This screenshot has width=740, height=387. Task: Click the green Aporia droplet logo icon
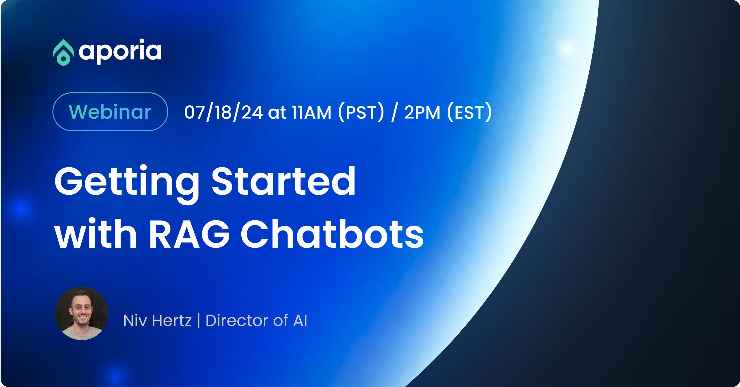tap(63, 52)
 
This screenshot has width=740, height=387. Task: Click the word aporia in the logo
tap(120, 51)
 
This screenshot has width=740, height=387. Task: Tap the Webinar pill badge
tap(110, 112)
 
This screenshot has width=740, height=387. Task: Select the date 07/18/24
tap(223, 112)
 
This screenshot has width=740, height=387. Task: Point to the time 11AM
tap(311, 112)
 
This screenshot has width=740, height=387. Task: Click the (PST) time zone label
tap(361, 112)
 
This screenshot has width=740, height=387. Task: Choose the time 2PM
tap(422, 112)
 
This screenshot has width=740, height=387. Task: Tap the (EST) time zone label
tap(469, 112)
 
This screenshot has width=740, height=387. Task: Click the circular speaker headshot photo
tap(82, 314)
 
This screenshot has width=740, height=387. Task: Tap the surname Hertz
tap(172, 321)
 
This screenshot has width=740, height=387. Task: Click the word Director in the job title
tap(236, 321)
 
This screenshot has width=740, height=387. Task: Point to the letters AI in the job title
tap(300, 321)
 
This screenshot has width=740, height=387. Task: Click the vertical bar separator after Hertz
tap(198, 320)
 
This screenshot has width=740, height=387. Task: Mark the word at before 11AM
tap(277, 113)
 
